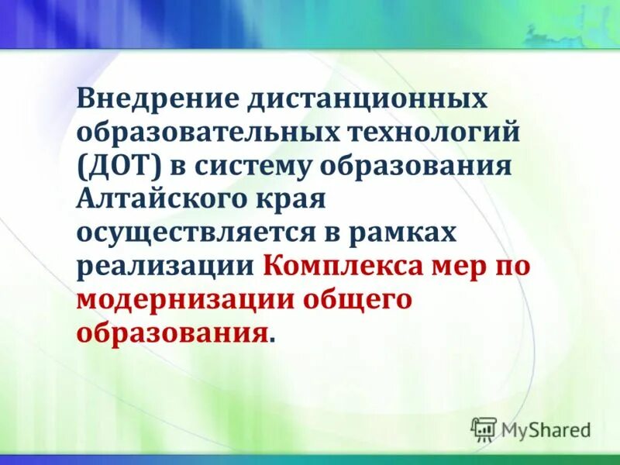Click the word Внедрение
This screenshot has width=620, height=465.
pyautogui.click(x=156, y=99)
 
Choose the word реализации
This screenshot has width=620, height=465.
pyautogui.click(x=164, y=267)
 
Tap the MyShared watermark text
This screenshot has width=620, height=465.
pyautogui.click(x=546, y=429)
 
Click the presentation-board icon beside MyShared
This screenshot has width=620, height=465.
pyautogui.click(x=484, y=429)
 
